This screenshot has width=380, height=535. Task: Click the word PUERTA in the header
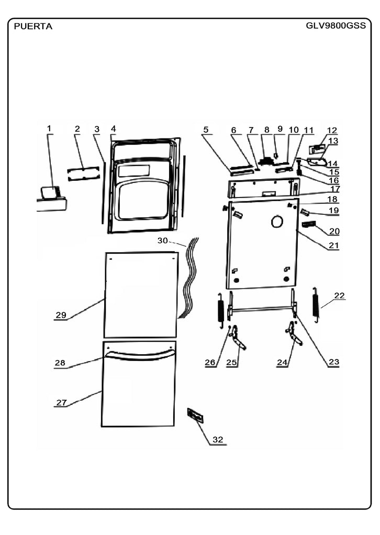coord(33,27)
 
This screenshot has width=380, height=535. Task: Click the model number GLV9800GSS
coord(336,26)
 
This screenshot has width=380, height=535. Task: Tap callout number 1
coord(49,129)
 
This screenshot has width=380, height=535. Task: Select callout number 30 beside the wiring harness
coord(162,240)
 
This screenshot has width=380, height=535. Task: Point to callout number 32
coord(218,439)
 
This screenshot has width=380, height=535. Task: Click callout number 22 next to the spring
coord(339,296)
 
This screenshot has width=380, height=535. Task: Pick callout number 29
coord(61,315)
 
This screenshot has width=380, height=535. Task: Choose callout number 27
coord(62,403)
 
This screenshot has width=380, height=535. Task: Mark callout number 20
coord(334,231)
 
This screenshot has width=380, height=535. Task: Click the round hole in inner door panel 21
coord(277,222)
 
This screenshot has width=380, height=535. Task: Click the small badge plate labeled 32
coord(195,415)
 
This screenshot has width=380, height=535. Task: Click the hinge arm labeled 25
coord(238,338)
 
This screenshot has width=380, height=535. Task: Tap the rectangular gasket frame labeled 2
coord(84,173)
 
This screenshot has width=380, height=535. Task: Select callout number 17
coord(335,189)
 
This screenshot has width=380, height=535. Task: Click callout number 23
coord(334,362)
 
